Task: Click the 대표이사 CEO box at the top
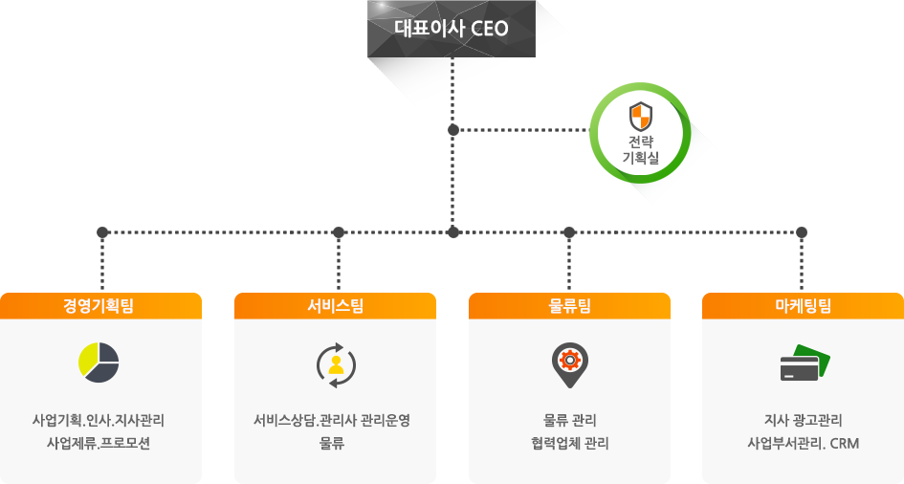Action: pos(452,28)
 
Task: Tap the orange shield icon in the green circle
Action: pos(640,117)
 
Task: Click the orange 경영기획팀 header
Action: pos(100,305)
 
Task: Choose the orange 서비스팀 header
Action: pos(335,305)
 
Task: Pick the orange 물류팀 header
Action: pos(569,305)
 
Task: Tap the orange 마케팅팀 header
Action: pos(803,305)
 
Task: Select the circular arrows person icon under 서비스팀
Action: pos(336,364)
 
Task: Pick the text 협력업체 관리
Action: pos(569,443)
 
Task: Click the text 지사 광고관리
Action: pos(803,420)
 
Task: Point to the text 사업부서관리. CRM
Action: pos(803,443)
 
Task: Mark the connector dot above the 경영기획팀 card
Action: pos(102,231)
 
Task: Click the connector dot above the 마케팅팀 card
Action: pos(802,231)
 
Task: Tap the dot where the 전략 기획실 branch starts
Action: pos(453,129)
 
